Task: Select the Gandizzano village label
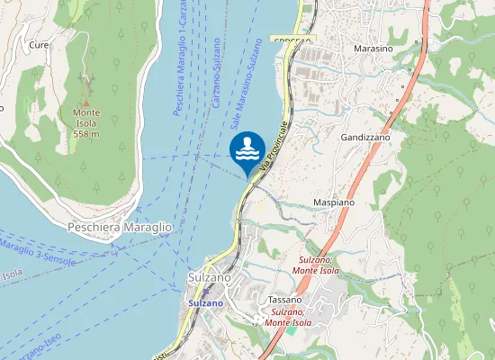point(364,137)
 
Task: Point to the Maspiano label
point(333,202)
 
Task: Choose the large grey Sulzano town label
point(211,278)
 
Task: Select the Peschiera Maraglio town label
point(120,228)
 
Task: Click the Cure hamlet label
point(39,44)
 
